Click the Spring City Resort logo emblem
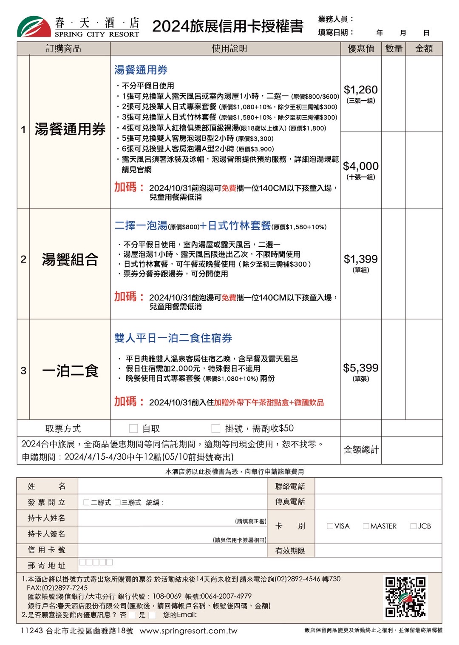point(34,26)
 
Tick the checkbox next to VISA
point(330,526)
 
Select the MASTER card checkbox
point(365,526)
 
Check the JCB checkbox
point(413,526)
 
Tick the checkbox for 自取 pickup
point(133,428)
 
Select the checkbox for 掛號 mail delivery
point(216,428)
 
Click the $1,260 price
point(360,90)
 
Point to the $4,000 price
point(360,166)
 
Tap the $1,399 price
point(360,259)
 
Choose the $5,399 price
point(360,368)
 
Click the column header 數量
point(394,49)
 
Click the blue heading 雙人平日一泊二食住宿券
point(173,338)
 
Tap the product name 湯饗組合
point(70,259)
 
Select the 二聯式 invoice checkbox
point(87,502)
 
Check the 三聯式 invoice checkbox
point(118,502)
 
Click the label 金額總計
point(361,449)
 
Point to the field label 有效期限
point(290,551)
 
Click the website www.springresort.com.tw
point(188,631)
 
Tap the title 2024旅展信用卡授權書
point(227,26)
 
